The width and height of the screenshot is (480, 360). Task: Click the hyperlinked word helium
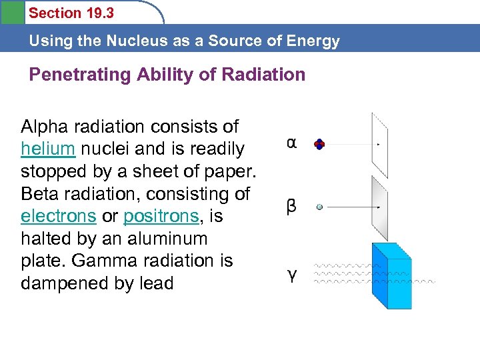click(49, 149)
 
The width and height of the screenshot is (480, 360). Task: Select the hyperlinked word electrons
click(59, 217)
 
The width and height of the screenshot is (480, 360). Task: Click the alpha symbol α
click(292, 143)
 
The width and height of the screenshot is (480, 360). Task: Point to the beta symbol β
click(291, 206)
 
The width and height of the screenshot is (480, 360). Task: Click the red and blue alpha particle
click(320, 144)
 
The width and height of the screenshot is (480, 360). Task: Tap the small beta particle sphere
click(320, 207)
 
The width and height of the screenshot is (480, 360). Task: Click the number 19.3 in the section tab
click(98, 13)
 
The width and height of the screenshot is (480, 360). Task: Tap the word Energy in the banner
click(314, 41)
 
